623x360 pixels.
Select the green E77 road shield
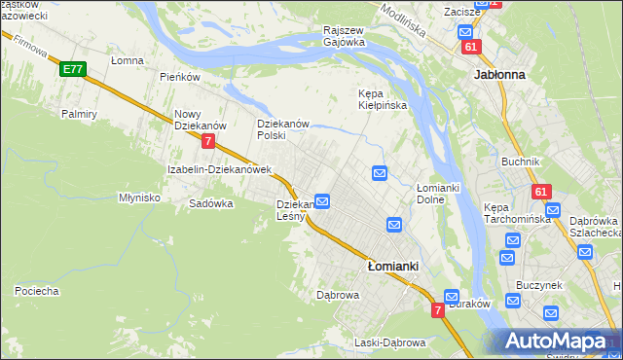point(71,69)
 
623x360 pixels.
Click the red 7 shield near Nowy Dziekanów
point(208,141)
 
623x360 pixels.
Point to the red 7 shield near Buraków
point(438,309)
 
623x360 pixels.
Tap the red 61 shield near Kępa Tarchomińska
point(542,193)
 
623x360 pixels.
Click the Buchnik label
point(520,162)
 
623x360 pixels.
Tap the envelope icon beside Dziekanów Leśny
point(322,201)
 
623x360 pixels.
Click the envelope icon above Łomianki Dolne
point(380,173)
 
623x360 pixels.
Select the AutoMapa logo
point(559,342)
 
